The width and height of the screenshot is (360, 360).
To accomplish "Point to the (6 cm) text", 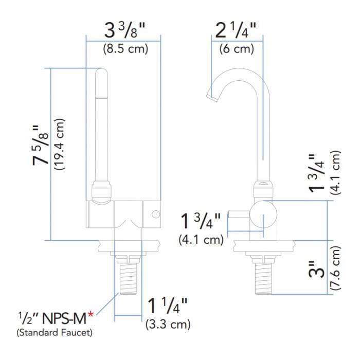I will click(x=237, y=49).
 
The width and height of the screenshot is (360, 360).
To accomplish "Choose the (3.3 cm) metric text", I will click(x=168, y=325).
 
